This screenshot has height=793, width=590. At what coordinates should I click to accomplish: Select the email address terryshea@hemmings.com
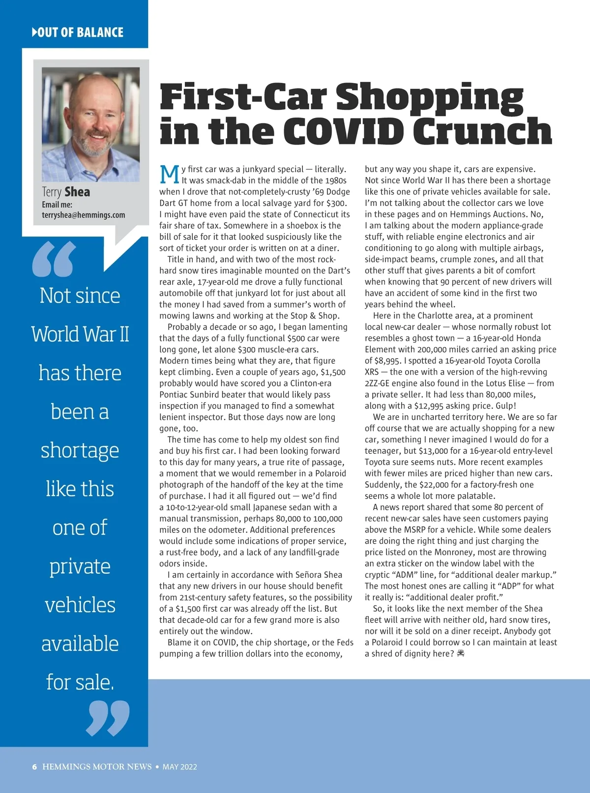(84, 215)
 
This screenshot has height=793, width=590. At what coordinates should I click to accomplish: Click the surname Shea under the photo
(77, 192)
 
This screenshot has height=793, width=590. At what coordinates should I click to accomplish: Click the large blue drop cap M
(170, 175)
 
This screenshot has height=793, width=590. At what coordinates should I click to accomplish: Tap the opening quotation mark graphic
(54, 259)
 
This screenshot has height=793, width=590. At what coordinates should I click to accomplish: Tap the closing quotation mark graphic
(108, 718)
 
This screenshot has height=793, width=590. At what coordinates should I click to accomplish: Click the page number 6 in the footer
(34, 767)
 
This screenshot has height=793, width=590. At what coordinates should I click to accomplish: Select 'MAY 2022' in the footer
(179, 767)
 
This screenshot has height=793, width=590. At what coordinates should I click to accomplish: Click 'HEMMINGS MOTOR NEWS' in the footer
(97, 767)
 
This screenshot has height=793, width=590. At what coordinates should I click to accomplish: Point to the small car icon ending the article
(461, 653)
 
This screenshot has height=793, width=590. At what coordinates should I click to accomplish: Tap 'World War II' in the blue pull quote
(80, 334)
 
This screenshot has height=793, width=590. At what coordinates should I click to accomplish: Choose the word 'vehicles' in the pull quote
(80, 605)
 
